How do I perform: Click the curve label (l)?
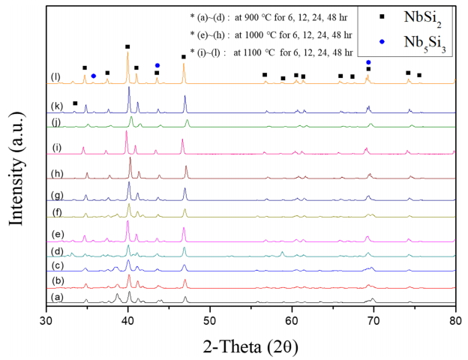[55, 76]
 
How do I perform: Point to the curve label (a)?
[55, 296]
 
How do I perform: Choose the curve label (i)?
[55, 148]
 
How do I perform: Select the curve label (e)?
[55, 234]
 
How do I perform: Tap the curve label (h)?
[55, 172]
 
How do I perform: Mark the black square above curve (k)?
[75, 103]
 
